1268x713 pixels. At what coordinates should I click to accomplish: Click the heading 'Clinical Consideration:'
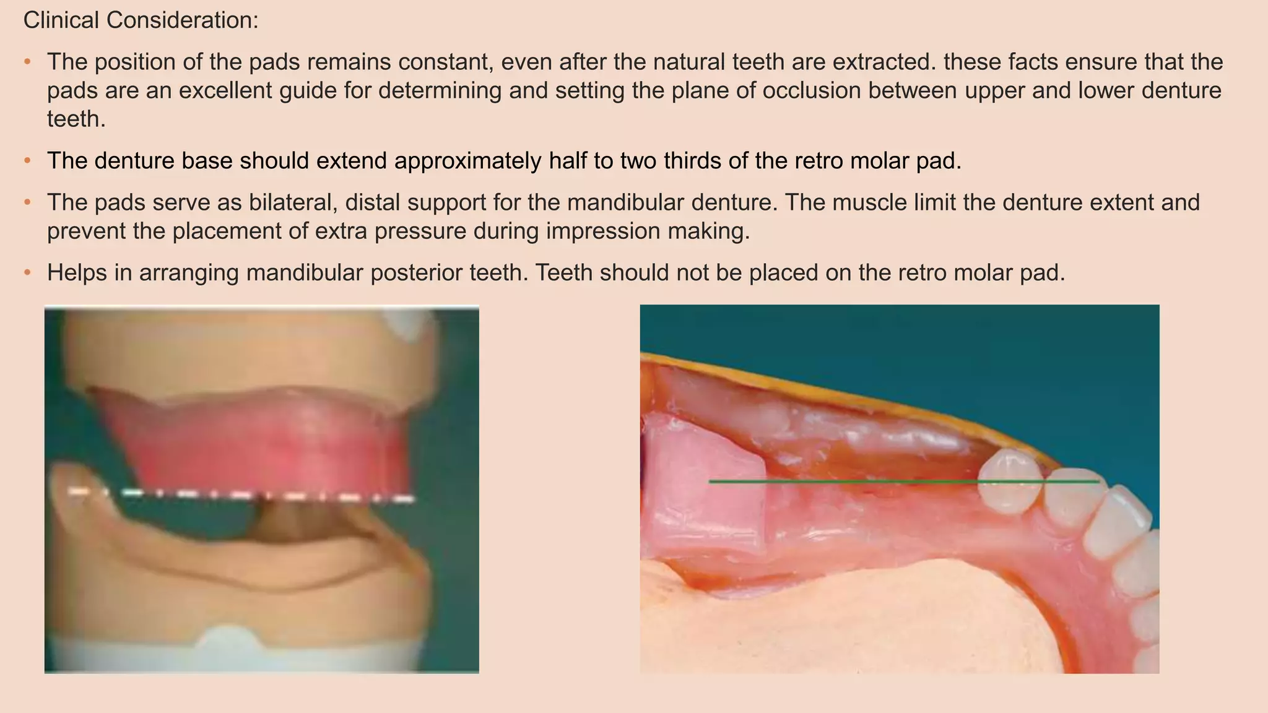click(141, 20)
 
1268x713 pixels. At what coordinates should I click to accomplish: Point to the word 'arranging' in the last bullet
click(189, 272)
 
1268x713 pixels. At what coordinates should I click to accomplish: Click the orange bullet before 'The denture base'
click(27, 162)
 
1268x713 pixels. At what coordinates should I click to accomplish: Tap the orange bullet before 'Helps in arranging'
click(27, 273)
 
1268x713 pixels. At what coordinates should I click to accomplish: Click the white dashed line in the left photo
click(241, 495)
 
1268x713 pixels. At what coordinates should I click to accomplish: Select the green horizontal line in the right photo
click(867, 481)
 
